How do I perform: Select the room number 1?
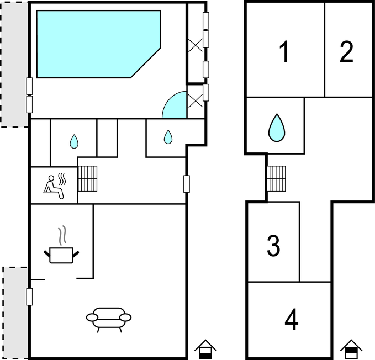point(284,52)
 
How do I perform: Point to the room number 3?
point(273,246)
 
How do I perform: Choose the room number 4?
point(292,319)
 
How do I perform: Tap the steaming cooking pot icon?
point(62,249)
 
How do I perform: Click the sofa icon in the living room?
point(109,318)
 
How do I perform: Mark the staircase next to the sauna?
point(87,178)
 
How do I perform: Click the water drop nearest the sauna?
point(74,142)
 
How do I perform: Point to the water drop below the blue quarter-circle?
point(167,136)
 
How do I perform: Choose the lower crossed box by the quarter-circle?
point(196,100)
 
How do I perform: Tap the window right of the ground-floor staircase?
point(187,183)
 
